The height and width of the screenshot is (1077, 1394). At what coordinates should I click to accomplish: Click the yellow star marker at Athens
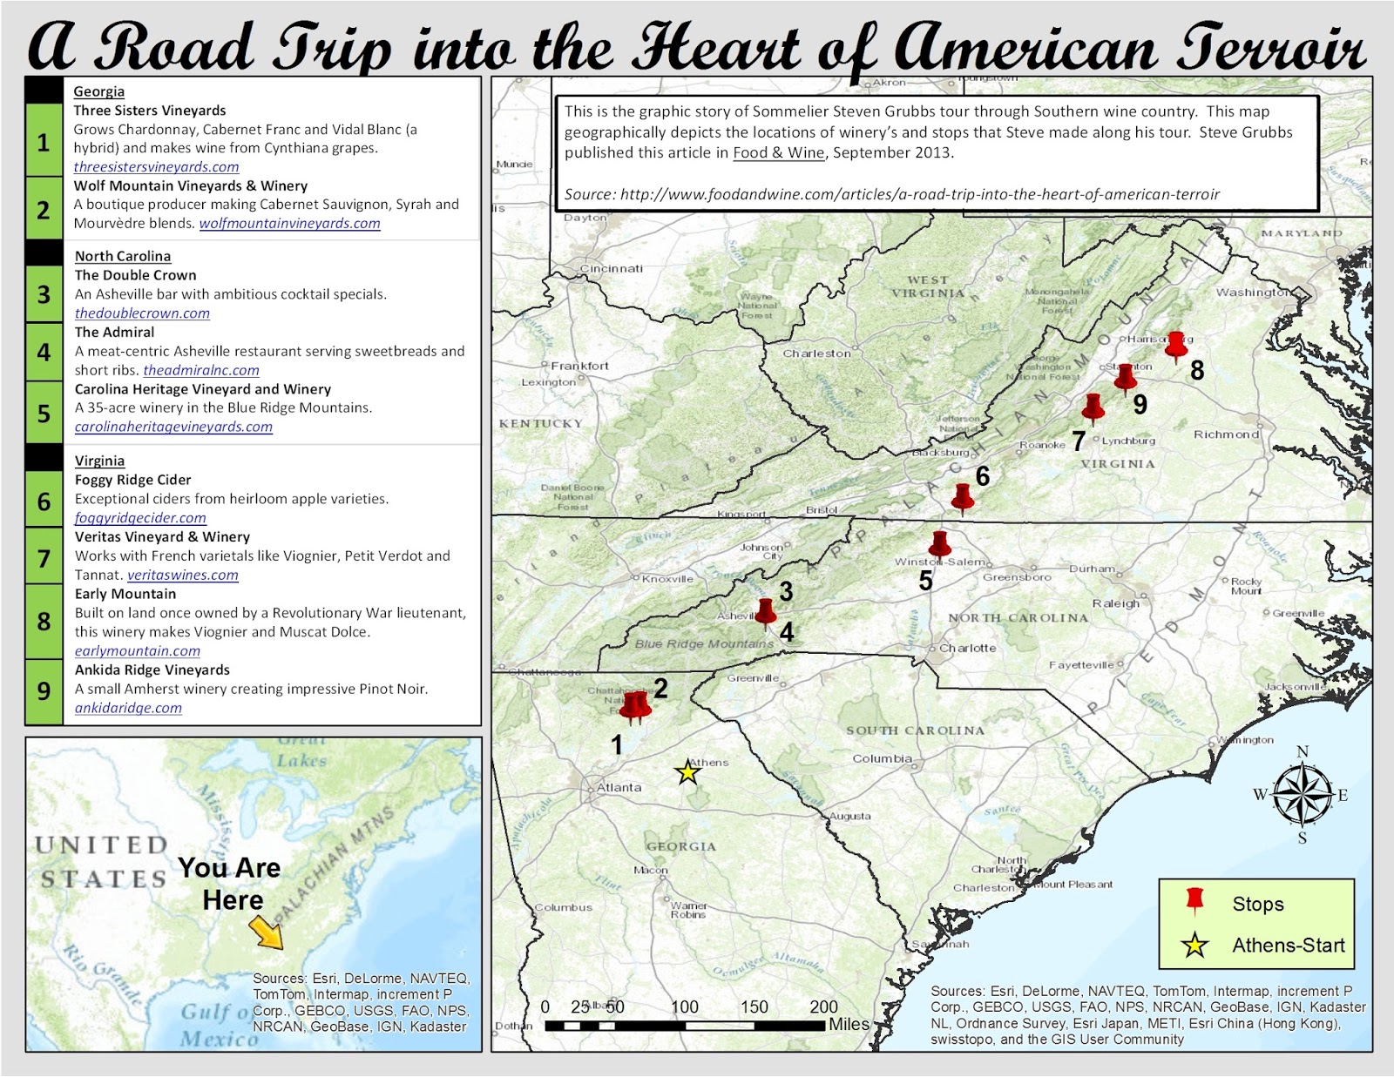(x=688, y=772)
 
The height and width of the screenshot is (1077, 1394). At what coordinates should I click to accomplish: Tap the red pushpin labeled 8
(x=1176, y=346)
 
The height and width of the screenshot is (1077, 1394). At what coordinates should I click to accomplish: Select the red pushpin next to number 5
(x=939, y=544)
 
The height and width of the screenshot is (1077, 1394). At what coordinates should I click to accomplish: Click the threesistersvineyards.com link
(x=156, y=167)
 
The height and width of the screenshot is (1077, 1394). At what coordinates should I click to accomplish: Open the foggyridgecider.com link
(x=140, y=518)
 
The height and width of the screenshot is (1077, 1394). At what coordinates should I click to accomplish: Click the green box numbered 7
(x=44, y=557)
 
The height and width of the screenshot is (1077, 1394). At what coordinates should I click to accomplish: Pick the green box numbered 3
(x=44, y=294)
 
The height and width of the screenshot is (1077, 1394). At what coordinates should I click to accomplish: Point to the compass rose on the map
(x=1303, y=794)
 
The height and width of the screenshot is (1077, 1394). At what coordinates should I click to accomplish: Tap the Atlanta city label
(x=619, y=787)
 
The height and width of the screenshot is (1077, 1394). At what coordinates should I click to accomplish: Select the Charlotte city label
(x=967, y=648)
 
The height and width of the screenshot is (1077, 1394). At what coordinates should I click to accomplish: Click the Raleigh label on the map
(x=1115, y=603)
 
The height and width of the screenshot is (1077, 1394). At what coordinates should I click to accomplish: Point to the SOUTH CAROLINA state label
(x=915, y=730)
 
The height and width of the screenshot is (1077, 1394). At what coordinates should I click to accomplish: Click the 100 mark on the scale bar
(x=685, y=1007)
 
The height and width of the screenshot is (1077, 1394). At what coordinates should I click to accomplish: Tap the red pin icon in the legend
(x=1194, y=902)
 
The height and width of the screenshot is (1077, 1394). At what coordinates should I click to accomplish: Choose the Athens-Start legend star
(x=1194, y=945)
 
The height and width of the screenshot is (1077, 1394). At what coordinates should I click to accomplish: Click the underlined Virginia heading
(x=99, y=461)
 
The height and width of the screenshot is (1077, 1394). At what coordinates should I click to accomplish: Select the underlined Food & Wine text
(x=778, y=153)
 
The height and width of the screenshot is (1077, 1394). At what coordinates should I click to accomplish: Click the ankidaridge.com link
(x=128, y=709)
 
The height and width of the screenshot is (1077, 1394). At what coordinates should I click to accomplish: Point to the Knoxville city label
(x=667, y=579)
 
